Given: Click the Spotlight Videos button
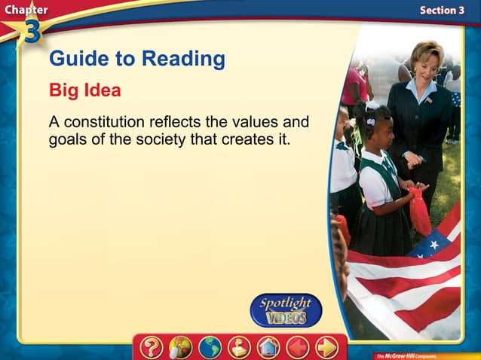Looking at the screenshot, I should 286,310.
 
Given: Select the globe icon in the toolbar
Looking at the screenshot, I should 210,347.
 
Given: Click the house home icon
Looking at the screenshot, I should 268,347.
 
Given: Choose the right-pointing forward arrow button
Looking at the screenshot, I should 326,347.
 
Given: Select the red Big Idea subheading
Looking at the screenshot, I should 85,90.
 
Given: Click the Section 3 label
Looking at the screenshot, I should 441,10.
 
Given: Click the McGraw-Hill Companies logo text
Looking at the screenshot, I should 409,354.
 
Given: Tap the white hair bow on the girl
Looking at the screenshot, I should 371,121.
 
